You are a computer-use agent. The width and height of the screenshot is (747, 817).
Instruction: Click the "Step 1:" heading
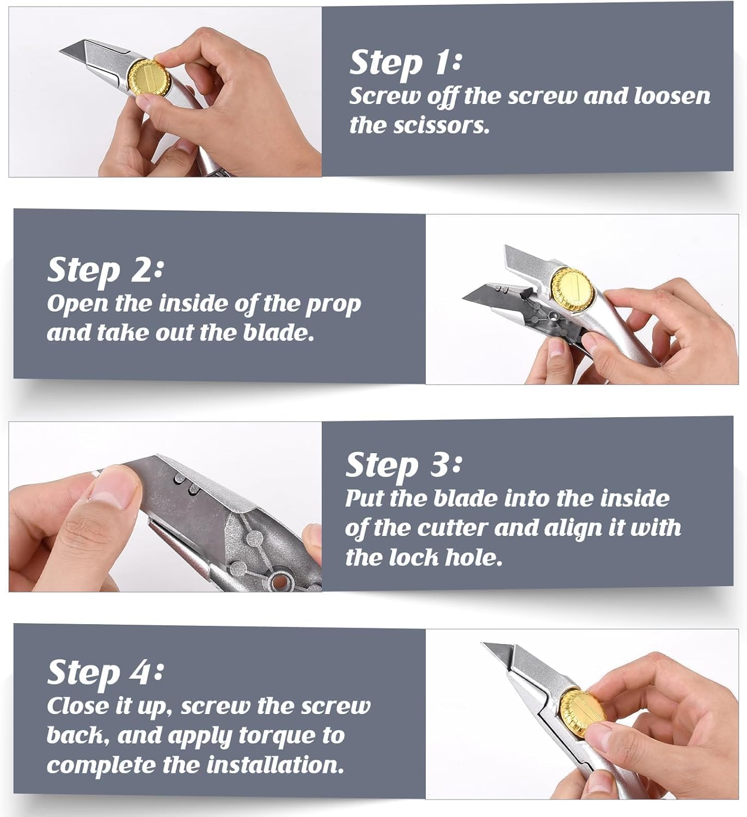(x=405, y=64)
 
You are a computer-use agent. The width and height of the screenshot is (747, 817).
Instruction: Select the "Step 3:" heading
(x=403, y=465)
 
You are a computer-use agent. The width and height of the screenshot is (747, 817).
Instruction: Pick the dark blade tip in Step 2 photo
(x=464, y=300)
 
